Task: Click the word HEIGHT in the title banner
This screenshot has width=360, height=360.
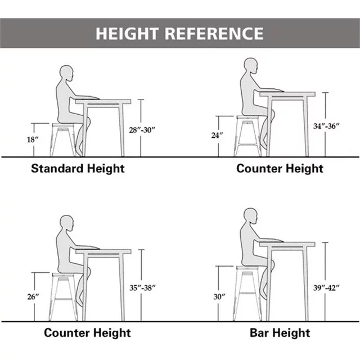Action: coord(127,34)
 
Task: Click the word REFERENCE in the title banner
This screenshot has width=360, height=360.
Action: coord(214,34)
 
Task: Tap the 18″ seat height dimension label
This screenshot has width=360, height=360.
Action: coord(33,139)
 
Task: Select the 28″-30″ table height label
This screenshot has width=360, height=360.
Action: coord(142,130)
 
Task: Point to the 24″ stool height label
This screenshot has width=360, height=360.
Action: coord(217,135)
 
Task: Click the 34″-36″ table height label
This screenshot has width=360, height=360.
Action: coord(326,126)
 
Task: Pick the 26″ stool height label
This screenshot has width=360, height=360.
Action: coord(33,296)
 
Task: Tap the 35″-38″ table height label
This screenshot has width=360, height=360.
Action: coord(142,287)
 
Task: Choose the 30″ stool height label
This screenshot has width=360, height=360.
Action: coord(219,296)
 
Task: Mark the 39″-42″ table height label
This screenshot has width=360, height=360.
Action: coord(326,287)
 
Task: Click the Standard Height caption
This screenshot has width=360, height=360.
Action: coord(78,169)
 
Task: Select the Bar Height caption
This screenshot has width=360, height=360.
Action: coord(280,333)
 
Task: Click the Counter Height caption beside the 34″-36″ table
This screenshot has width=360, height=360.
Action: coord(280,169)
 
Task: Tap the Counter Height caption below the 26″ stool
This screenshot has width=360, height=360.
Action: coord(87,333)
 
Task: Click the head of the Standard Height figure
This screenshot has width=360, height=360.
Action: coord(66,73)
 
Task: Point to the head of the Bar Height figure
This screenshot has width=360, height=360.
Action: coord(250,216)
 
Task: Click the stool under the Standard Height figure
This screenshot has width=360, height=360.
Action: coord(63,140)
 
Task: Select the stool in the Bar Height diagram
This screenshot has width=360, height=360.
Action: coord(247,294)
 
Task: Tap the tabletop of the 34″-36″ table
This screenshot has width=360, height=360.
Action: coord(287,94)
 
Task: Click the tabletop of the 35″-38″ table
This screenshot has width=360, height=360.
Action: coord(103,251)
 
